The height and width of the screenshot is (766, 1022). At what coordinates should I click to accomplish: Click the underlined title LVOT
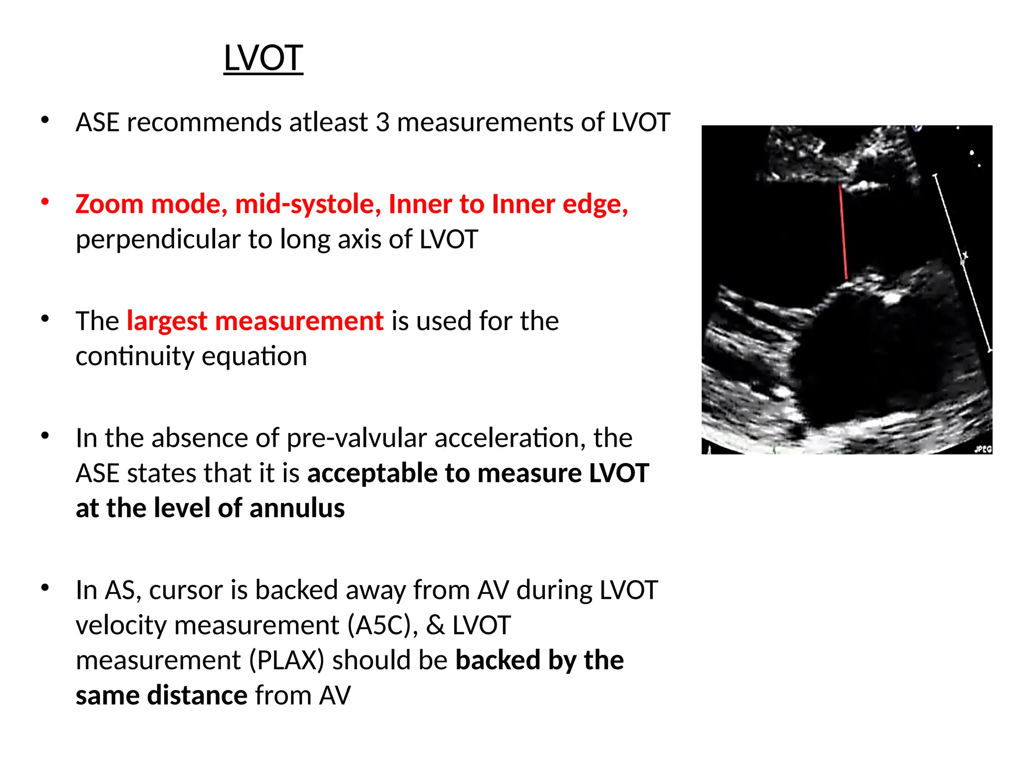263,58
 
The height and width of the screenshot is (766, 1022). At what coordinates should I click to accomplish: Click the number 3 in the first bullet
382,122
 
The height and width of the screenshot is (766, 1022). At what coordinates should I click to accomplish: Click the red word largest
167,321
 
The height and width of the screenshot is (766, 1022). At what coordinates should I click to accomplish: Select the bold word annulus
297,508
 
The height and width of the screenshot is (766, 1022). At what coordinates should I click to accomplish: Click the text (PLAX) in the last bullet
286,660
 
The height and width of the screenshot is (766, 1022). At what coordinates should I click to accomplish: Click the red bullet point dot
45,201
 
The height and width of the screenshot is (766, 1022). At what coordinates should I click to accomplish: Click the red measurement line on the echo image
843,232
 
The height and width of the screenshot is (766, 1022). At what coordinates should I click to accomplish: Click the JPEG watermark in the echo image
983,449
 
